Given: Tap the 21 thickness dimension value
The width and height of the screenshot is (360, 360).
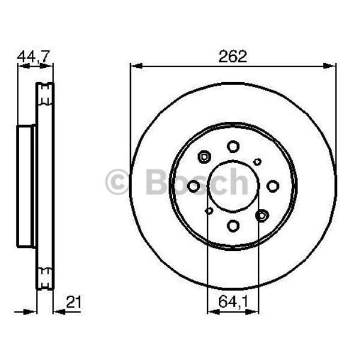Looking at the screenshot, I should point(73,303).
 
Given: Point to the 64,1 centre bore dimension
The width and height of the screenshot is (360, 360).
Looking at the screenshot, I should point(233,303).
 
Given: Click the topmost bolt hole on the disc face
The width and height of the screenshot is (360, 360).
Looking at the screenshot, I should point(233,146).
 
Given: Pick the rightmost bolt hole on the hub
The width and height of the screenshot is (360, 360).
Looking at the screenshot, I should point(272,186).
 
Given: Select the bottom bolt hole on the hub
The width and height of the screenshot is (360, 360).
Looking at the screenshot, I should point(233,226).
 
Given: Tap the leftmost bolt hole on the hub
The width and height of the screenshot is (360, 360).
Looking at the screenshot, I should point(193,186).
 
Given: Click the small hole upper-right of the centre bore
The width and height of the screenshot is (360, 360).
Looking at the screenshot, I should point(257,161).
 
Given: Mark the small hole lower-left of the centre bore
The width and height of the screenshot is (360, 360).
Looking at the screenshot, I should point(209,211).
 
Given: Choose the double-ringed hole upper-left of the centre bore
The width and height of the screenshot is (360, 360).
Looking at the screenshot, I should point(204,157).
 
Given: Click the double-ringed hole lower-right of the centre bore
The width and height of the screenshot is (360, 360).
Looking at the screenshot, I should point(262,215).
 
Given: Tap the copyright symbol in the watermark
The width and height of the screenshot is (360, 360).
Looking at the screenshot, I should point(117,182).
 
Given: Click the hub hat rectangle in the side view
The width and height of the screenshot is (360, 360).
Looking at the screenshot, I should point(26,186).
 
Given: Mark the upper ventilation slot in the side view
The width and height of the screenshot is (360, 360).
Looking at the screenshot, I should point(45,92).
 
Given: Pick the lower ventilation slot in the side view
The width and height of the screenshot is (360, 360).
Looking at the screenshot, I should point(45,278).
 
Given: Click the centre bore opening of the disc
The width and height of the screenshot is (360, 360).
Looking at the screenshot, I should point(233,186).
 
